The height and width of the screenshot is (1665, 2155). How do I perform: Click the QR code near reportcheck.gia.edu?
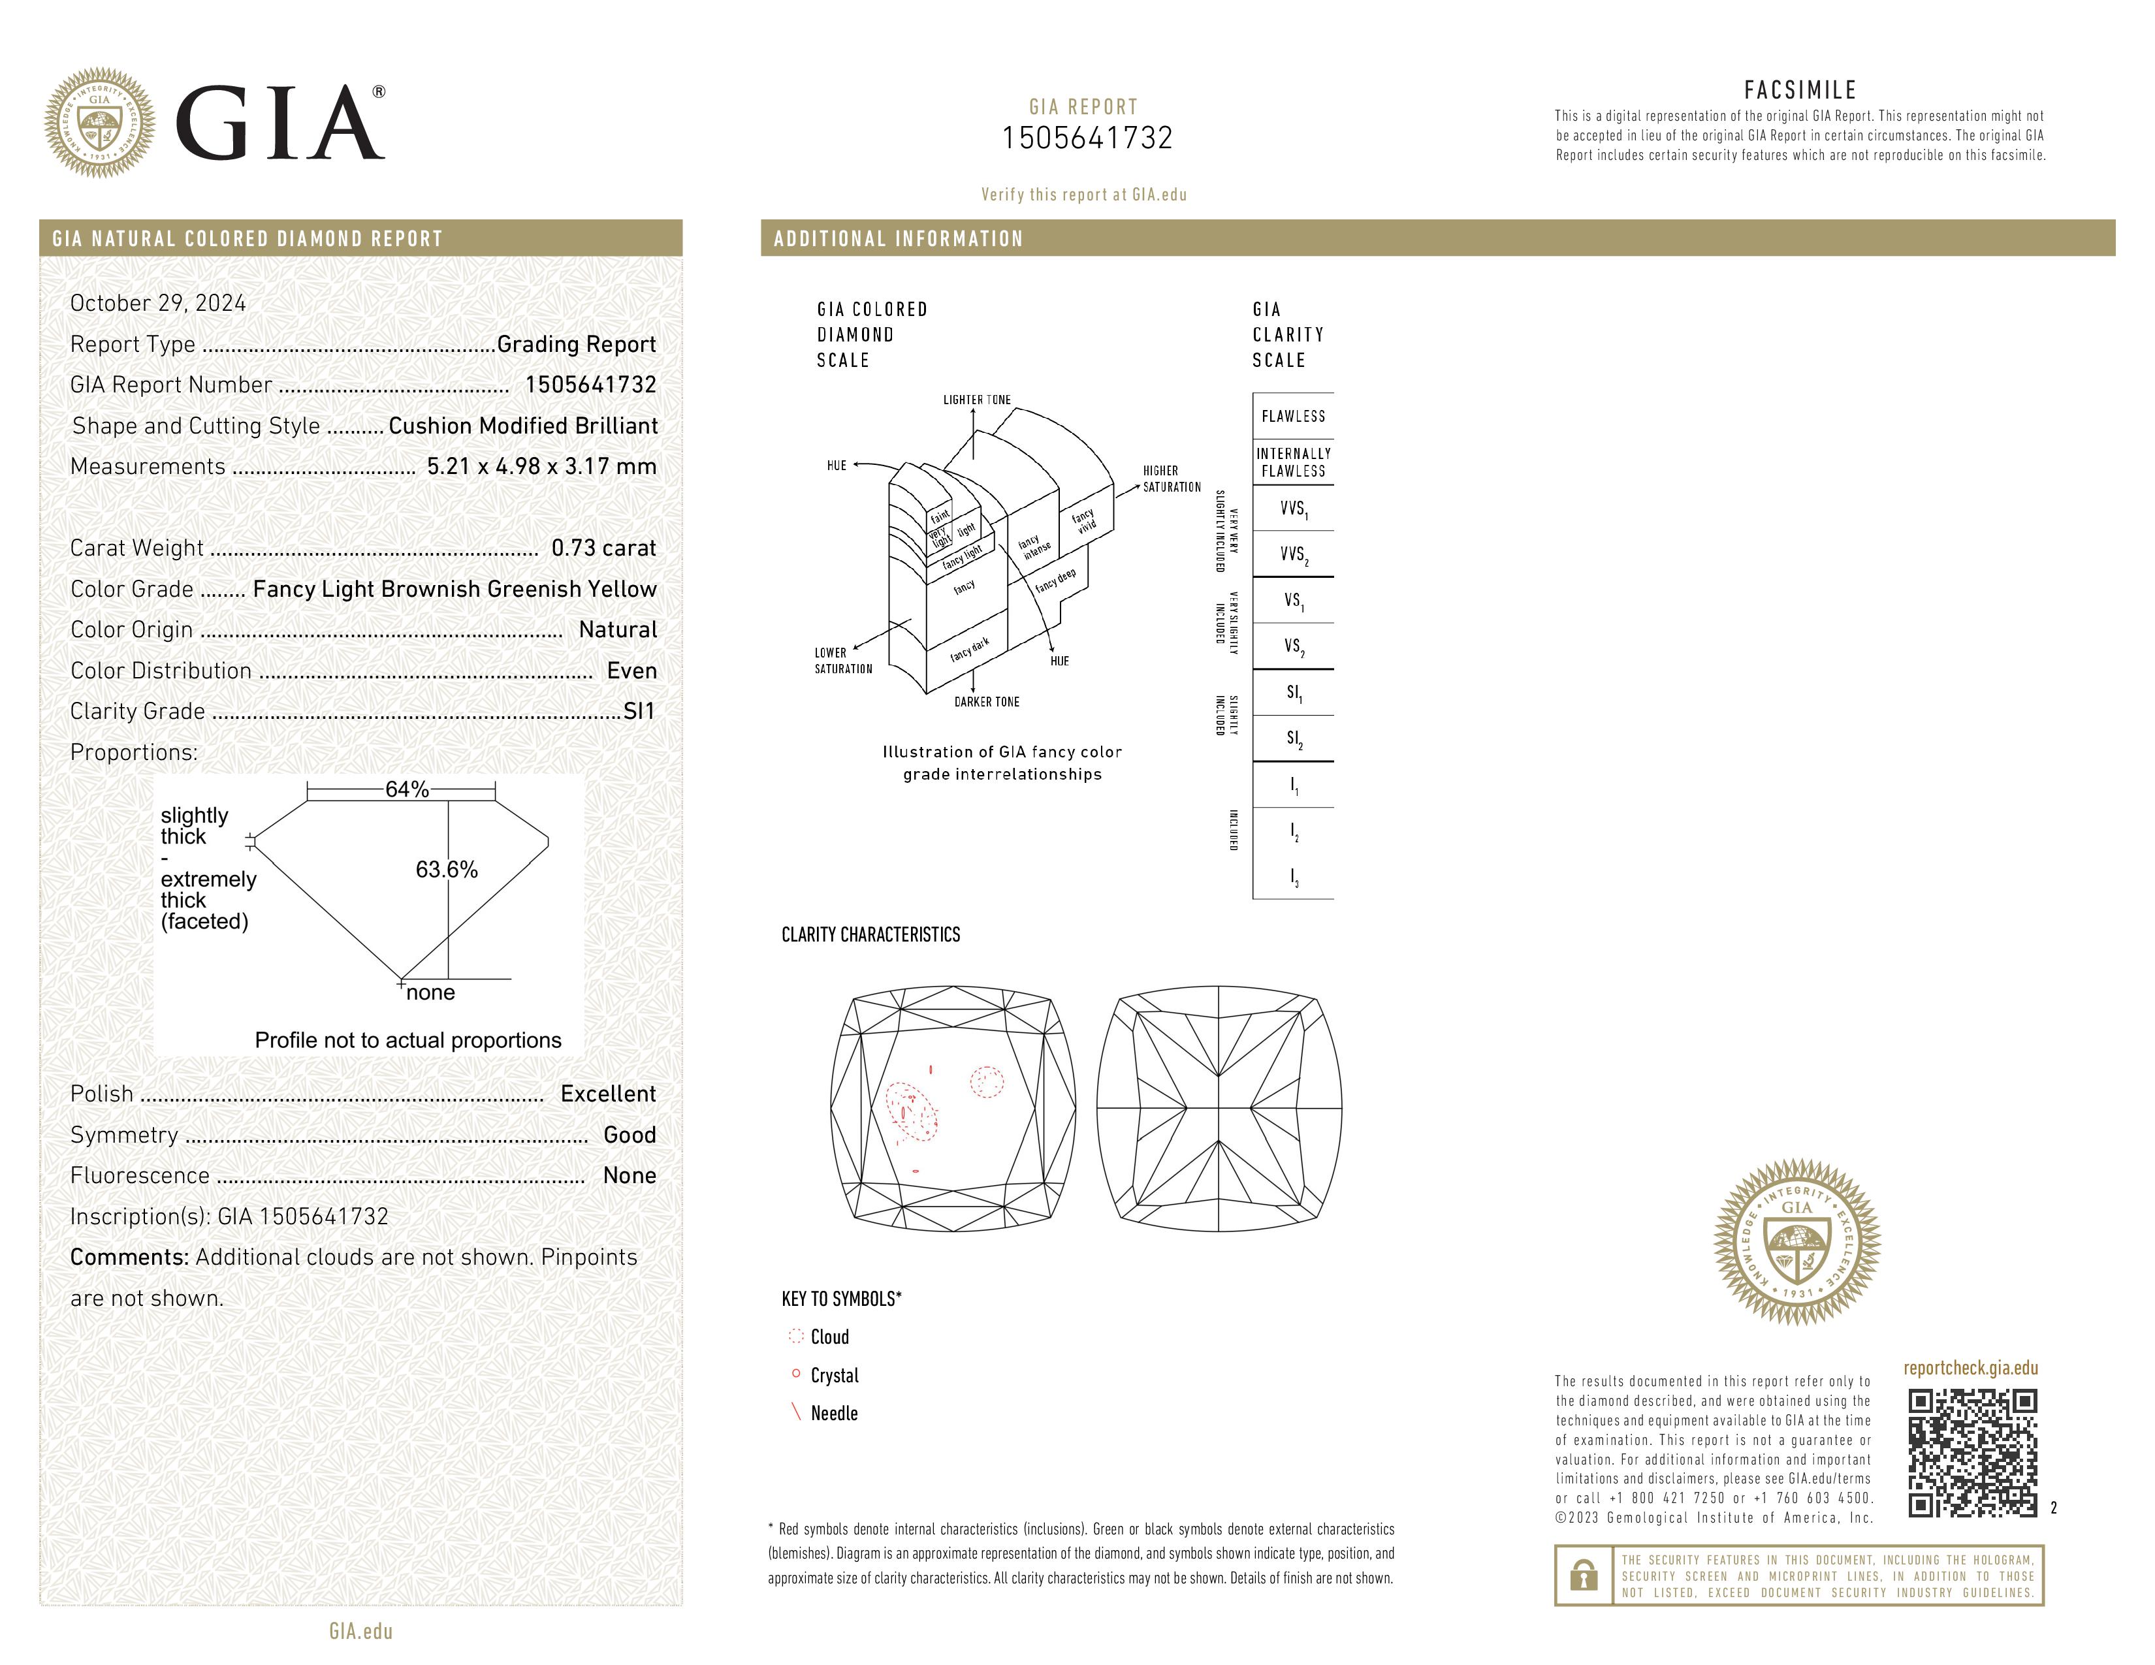(1971, 1452)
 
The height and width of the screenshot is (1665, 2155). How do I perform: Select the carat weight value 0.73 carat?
(603, 548)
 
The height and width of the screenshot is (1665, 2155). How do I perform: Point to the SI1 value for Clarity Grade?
(639, 711)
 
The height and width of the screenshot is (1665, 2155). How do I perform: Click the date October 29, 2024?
(158, 303)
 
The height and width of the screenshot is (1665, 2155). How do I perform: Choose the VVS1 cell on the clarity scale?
(1292, 509)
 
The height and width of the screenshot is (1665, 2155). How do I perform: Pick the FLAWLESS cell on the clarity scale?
(1292, 417)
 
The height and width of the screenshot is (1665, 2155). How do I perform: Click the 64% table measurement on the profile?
(407, 789)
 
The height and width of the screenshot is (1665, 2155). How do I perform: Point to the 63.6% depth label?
(446, 869)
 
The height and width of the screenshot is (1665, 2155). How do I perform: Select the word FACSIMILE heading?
(1800, 89)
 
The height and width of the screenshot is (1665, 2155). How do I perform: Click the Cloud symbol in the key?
(796, 1337)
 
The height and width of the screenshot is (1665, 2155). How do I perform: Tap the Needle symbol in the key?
(796, 1412)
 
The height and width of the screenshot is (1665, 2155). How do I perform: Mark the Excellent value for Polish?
(608, 1094)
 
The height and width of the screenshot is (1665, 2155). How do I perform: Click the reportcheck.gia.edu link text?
(1970, 1368)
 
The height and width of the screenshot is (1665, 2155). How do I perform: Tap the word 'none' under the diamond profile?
(430, 992)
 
